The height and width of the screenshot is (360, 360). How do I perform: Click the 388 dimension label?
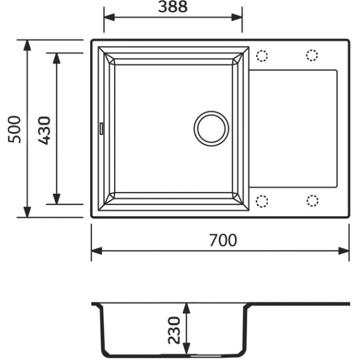pyautogui.click(x=173, y=7)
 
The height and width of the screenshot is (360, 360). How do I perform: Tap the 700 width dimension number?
pyautogui.click(x=223, y=240)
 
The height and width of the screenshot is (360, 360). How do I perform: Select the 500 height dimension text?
pyautogui.click(x=14, y=130)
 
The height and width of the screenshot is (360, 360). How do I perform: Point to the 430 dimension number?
pyautogui.click(x=44, y=130)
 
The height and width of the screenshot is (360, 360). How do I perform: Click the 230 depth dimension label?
pyautogui.click(x=174, y=330)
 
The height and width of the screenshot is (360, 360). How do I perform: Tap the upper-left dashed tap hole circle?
pyautogui.click(x=262, y=56)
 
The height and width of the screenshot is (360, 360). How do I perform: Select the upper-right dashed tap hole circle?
pyautogui.click(x=312, y=55)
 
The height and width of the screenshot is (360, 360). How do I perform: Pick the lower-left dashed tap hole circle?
pyautogui.click(x=262, y=202)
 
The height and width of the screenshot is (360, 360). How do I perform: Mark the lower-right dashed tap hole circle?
pyautogui.click(x=312, y=200)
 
